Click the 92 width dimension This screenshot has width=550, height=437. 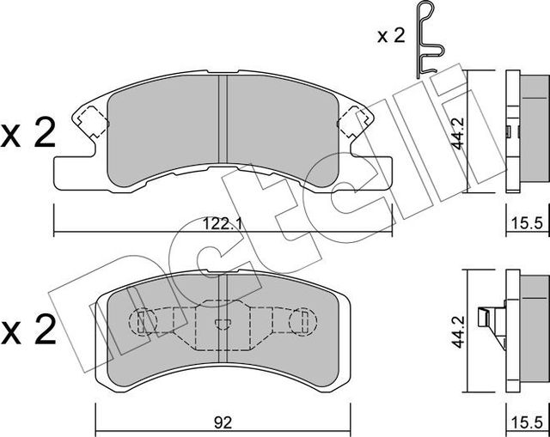(222, 422)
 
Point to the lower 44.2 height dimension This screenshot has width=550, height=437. (459, 328)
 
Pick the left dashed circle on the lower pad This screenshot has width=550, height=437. (144, 324)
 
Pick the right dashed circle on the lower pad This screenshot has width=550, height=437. (298, 324)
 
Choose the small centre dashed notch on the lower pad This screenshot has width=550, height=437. (222, 324)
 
